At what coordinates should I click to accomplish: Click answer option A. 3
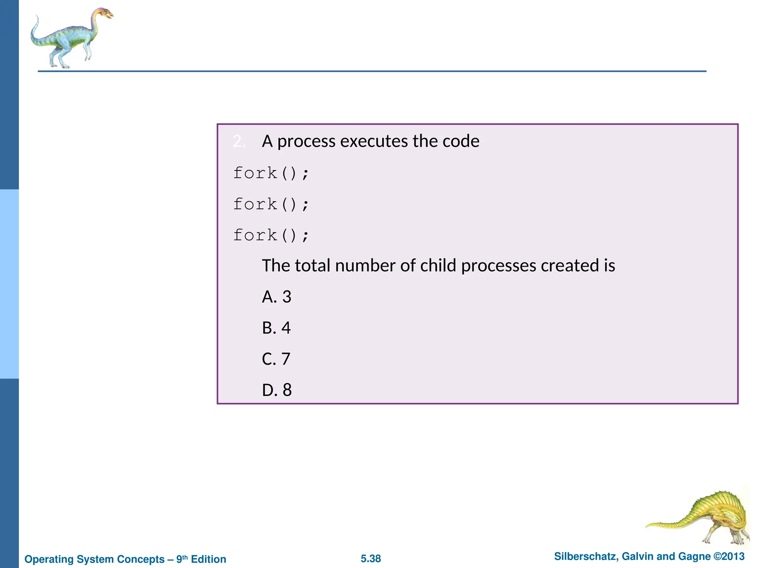pyautogui.click(x=276, y=297)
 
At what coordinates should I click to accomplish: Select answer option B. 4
pyautogui.click(x=276, y=328)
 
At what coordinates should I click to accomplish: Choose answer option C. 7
pyautogui.click(x=276, y=359)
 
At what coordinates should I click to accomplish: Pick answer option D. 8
pyautogui.click(x=276, y=390)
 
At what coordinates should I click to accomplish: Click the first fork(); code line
pyautogui.click(x=271, y=173)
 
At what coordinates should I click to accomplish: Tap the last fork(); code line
pyautogui.click(x=271, y=236)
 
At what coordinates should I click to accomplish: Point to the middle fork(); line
pyautogui.click(x=271, y=204)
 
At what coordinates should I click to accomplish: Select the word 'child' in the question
pyautogui.click(x=438, y=266)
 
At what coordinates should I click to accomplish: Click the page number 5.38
pyautogui.click(x=371, y=559)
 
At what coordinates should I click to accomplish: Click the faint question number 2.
pyautogui.click(x=238, y=141)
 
